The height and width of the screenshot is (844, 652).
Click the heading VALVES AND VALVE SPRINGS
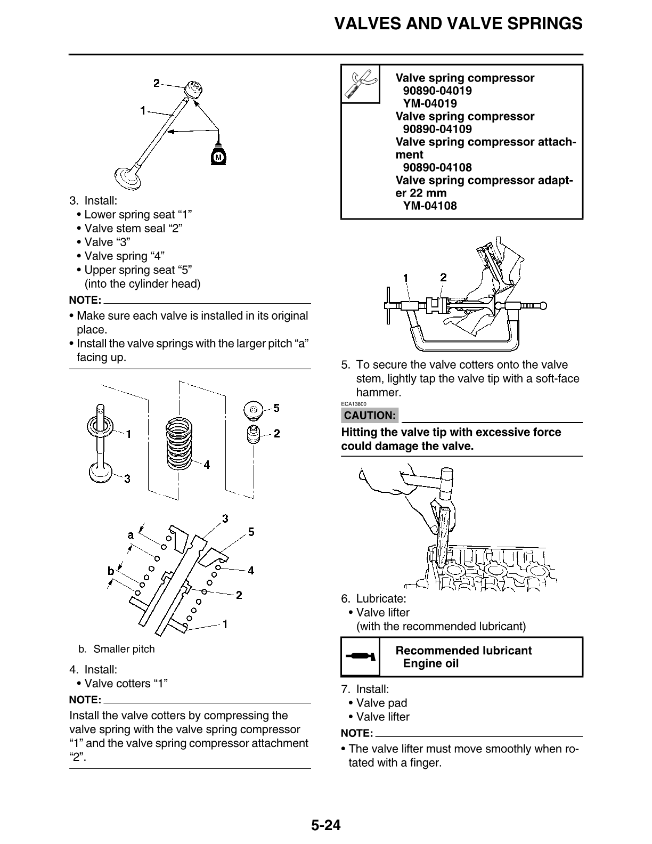coord(458,23)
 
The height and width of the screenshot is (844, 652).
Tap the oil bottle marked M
coord(217,156)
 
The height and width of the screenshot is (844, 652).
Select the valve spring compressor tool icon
coord(360,84)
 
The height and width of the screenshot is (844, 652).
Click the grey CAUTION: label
coord(370,415)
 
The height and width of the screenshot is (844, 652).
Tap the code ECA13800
coord(354,404)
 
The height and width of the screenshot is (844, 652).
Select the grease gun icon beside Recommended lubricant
coord(360,656)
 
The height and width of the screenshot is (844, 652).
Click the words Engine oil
coord(430,663)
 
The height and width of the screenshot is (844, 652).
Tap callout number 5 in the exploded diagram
coord(276,408)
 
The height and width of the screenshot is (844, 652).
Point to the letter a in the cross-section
coord(131,534)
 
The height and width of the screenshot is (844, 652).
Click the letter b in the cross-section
coord(111,571)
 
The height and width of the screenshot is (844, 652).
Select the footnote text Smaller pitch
coord(124,649)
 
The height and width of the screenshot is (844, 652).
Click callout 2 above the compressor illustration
coord(443,277)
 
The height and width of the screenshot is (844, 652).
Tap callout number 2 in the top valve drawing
coord(156,83)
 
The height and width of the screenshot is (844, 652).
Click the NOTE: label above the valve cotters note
coord(85,700)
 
